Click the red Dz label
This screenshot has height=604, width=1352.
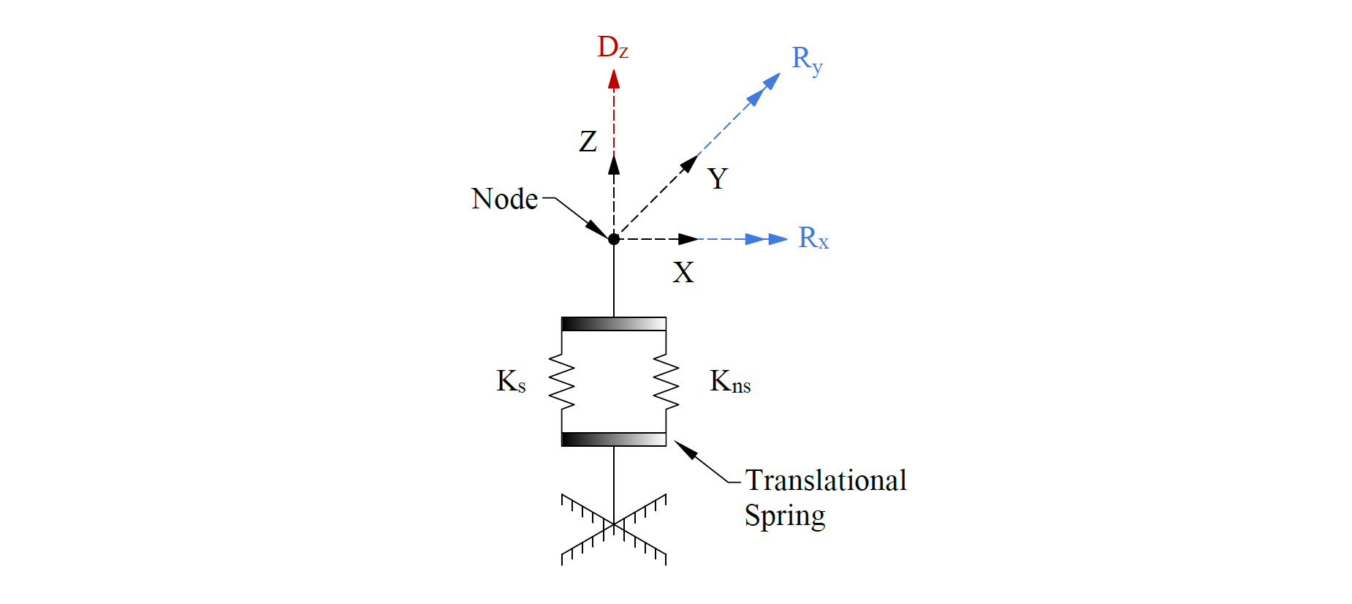[612, 48]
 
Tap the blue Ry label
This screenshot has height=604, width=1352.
[807, 59]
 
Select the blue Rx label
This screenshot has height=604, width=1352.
[813, 238]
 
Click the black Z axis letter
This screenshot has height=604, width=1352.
[588, 141]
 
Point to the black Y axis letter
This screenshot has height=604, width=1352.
[718, 178]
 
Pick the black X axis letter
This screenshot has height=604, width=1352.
[683, 273]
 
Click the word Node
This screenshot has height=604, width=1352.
[504, 199]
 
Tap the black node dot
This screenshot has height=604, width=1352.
[614, 239]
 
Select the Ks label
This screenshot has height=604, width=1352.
[511, 381]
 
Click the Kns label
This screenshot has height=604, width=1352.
[730, 382]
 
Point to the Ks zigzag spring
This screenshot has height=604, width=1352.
[561, 382]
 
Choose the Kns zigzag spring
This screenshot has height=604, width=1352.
[666, 382]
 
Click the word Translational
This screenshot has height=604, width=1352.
[826, 480]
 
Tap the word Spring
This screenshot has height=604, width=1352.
[785, 516]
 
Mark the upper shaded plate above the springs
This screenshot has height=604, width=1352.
[614, 324]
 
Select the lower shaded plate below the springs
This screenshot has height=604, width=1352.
[614, 439]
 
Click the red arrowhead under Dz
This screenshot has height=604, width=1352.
[614, 79]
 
